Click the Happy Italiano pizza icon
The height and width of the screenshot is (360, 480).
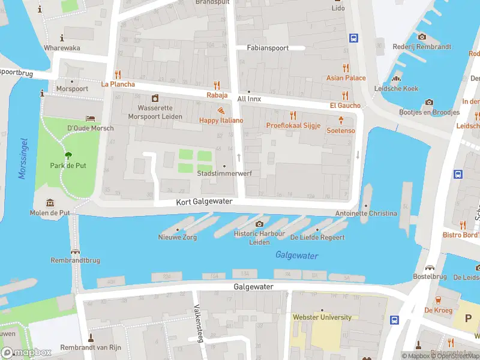[x=221, y=111]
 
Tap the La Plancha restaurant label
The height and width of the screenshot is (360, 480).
[x=118, y=85]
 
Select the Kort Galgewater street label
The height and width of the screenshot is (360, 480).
[x=204, y=202]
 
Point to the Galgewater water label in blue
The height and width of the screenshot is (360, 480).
[x=296, y=256]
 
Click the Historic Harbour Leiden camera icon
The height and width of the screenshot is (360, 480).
[x=259, y=224]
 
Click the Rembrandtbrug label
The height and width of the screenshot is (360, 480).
[x=75, y=260]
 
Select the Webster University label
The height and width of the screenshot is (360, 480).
[x=322, y=317]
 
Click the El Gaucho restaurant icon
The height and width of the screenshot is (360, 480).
[x=345, y=95]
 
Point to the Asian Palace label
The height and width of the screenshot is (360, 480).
[x=346, y=78]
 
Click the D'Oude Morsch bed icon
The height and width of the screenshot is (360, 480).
[x=90, y=118]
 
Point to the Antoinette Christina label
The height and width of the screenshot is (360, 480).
[x=366, y=214]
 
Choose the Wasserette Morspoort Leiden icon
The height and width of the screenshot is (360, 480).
[x=155, y=98]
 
